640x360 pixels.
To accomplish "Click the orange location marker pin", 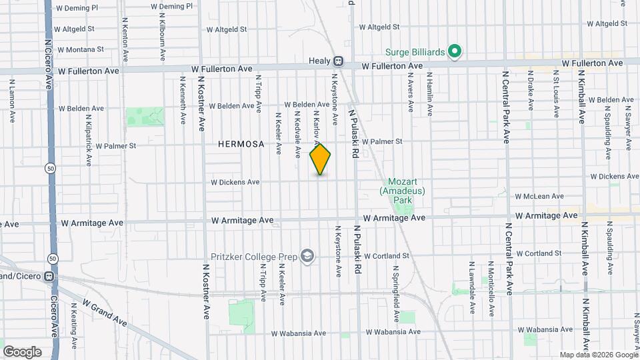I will coord(320,159).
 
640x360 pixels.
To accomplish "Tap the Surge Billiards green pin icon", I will coord(455,51).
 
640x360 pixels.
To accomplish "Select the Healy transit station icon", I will coord(339,61).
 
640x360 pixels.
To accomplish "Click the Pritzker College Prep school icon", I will coord(307,257).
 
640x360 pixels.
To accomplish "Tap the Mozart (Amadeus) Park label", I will coord(402,191).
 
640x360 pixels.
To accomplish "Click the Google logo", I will coord(22,351).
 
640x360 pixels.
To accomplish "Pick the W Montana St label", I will coord(81,49).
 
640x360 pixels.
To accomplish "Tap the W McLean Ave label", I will coord(539,197).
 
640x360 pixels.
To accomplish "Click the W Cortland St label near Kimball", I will coord(539,254).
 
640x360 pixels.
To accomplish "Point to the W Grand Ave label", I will coord(105,312).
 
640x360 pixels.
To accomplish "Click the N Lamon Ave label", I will coord(12,101).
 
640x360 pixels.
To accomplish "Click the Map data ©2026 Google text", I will coord(597,355).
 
